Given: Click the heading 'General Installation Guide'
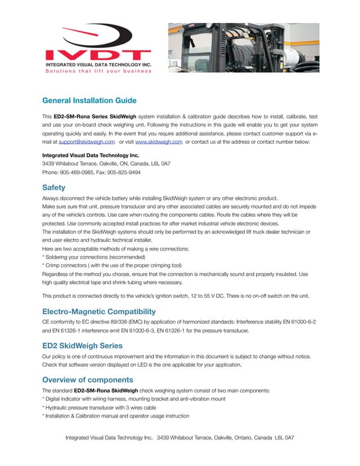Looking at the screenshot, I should click(x=89, y=101).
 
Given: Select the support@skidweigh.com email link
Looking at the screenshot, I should click(x=87, y=142).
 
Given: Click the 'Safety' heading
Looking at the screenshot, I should click(x=54, y=187).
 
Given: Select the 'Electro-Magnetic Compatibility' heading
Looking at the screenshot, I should click(x=99, y=311).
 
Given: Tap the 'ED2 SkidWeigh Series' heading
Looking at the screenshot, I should click(x=83, y=345).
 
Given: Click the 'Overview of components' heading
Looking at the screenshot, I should click(x=87, y=379).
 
